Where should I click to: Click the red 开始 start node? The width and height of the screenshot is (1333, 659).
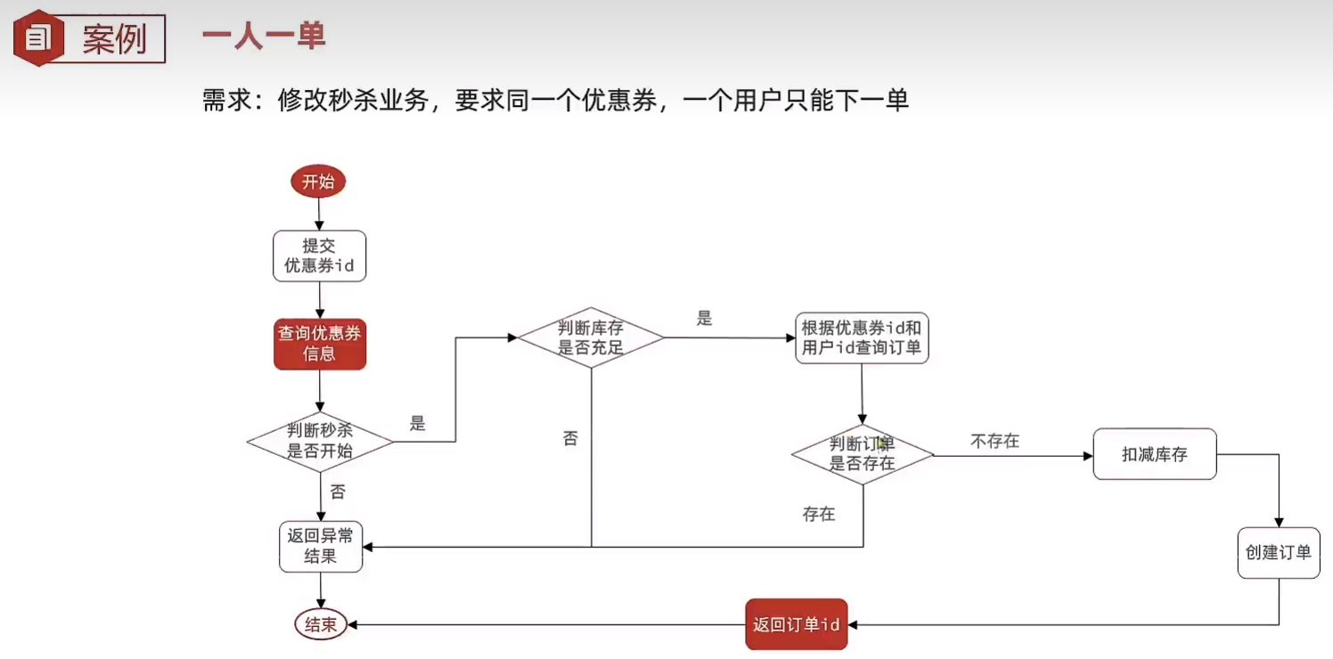(318, 182)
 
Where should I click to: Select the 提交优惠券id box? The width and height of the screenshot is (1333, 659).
(319, 256)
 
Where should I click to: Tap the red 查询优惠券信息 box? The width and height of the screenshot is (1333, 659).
(320, 344)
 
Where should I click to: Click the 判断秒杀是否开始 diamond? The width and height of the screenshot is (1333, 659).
(320, 441)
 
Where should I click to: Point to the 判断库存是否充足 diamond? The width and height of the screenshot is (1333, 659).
(591, 338)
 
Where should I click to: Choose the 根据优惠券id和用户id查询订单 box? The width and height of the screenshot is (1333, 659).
(862, 338)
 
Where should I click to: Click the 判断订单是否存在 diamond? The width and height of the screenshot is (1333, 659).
(862, 454)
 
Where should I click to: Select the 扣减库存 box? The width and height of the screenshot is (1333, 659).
(1154, 454)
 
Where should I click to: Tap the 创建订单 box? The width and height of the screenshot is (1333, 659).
(1278, 553)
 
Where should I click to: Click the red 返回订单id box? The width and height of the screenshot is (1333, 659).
(796, 624)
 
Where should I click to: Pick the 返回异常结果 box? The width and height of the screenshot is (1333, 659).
(320, 546)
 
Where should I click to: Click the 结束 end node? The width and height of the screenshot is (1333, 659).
(321, 624)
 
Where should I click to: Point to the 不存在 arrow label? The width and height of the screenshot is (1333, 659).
(994, 441)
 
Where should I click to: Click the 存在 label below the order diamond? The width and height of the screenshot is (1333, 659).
(818, 514)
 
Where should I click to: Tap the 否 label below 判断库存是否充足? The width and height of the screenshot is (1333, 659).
(570, 438)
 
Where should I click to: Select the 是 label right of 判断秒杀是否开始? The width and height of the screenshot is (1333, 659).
(418, 424)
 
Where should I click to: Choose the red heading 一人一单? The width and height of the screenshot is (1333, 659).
(263, 37)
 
